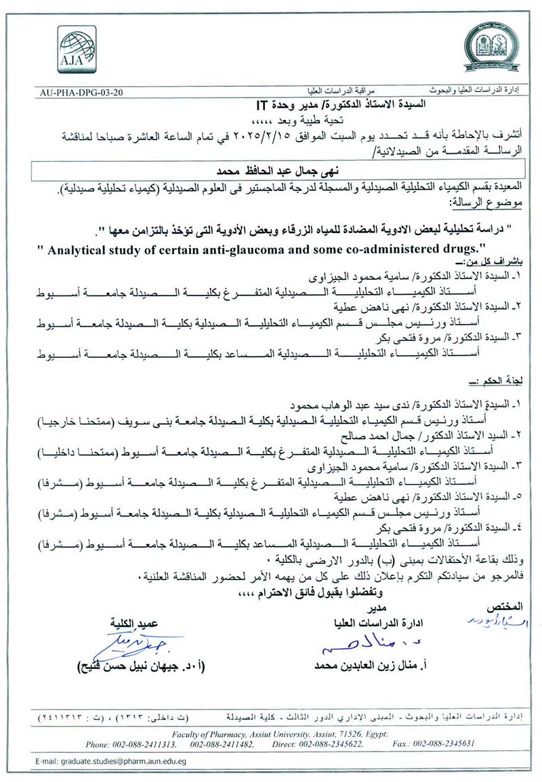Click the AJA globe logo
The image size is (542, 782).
tap(76, 49)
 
